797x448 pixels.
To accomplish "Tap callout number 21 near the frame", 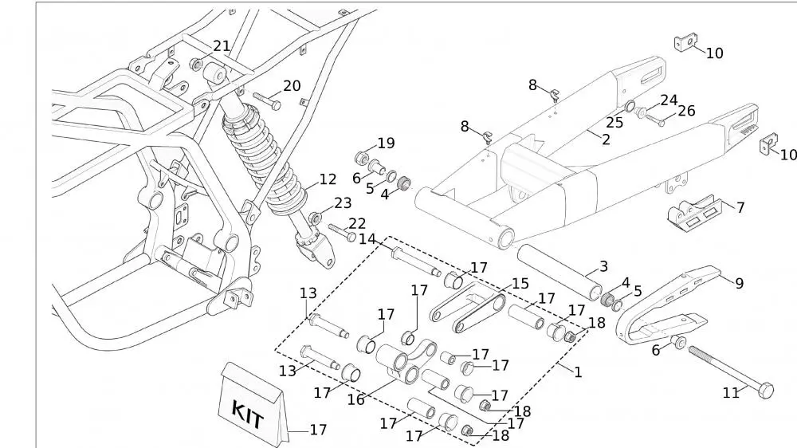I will pos(222,47).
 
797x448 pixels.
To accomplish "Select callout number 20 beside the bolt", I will pos(292,86).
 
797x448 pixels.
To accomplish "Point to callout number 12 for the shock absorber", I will pos(328,180).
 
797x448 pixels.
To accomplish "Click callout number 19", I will pos(363,144).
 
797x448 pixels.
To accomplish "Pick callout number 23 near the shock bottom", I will pos(342,203).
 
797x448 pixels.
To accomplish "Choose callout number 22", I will pos(357,224).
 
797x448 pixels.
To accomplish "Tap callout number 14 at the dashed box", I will pos(367,239).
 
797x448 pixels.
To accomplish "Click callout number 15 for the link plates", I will pos(520,284).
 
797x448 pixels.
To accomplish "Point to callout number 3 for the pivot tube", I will pos(603,266).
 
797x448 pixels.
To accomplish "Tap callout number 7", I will pos(740,208).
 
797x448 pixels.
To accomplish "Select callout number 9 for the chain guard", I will pos(739,283).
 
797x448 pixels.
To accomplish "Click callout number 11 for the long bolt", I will pos(731,391).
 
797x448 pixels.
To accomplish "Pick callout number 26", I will pos(686,112).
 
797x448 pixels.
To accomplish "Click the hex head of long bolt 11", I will pos(764,391).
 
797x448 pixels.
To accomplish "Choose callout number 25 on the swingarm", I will pos(614,123).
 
